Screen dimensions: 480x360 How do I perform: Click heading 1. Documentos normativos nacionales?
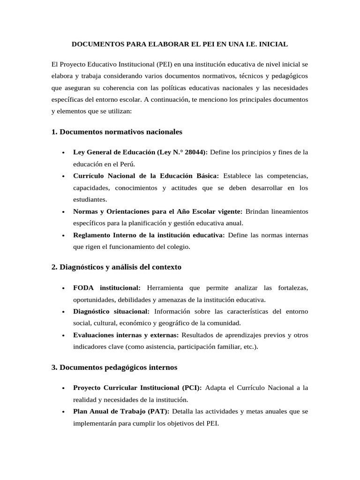pyautogui.click(x=117, y=132)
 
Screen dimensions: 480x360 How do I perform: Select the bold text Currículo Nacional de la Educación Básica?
pyautogui.click(x=146, y=176)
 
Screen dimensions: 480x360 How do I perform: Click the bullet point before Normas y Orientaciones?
pyautogui.click(x=63, y=212)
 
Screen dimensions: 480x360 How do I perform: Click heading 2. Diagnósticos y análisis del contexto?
pyautogui.click(x=116, y=267)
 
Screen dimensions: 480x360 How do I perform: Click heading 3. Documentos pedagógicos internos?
pyautogui.click(x=114, y=367)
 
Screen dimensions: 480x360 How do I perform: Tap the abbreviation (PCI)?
pyautogui.click(x=192, y=388)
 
